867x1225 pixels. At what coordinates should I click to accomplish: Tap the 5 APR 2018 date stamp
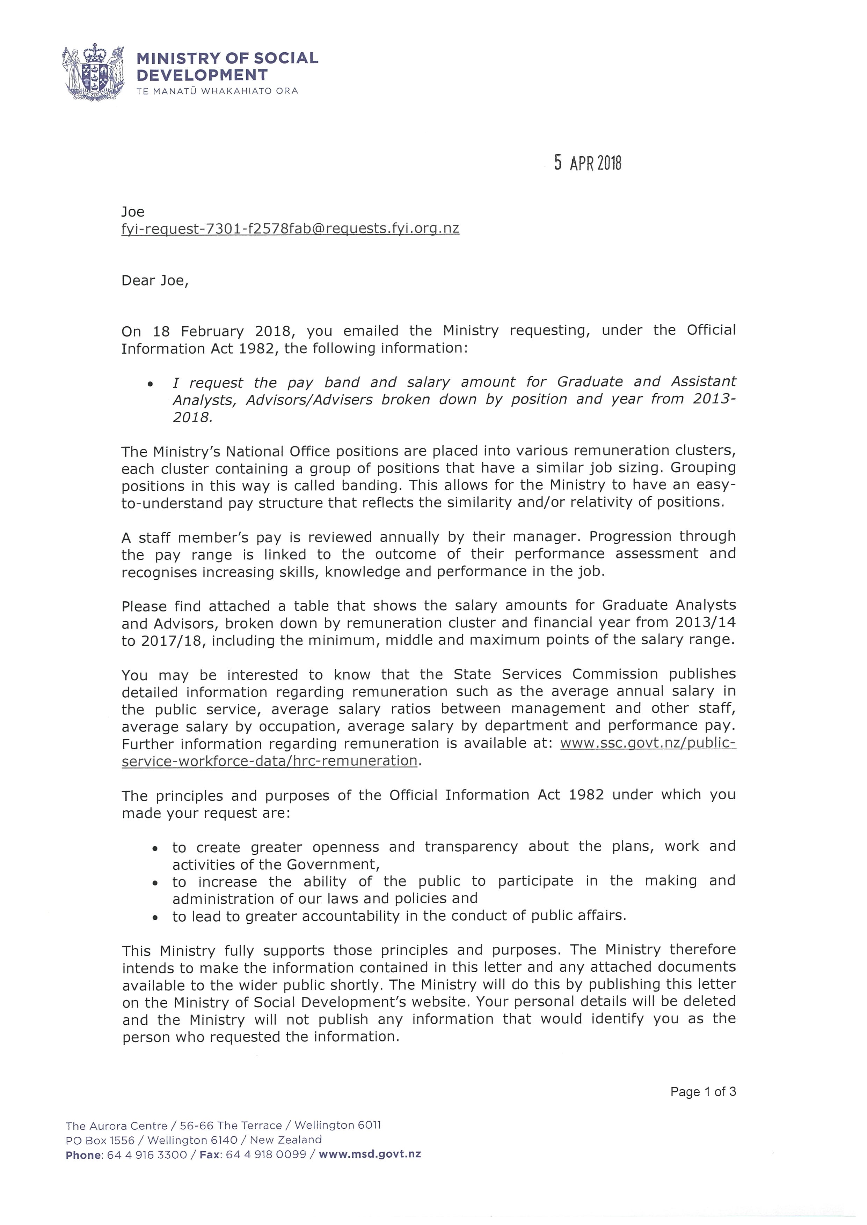tap(587, 163)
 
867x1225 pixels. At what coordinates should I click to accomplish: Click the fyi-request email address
tap(290, 229)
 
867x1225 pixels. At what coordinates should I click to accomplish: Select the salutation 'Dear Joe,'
tap(155, 281)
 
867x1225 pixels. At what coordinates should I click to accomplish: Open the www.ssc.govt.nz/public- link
tap(648, 743)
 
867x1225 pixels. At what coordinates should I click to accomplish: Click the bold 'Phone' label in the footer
tap(83, 1155)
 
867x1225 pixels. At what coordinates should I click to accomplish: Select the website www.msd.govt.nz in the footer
tap(370, 1154)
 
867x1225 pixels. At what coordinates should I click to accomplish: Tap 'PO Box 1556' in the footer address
tap(100, 1140)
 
